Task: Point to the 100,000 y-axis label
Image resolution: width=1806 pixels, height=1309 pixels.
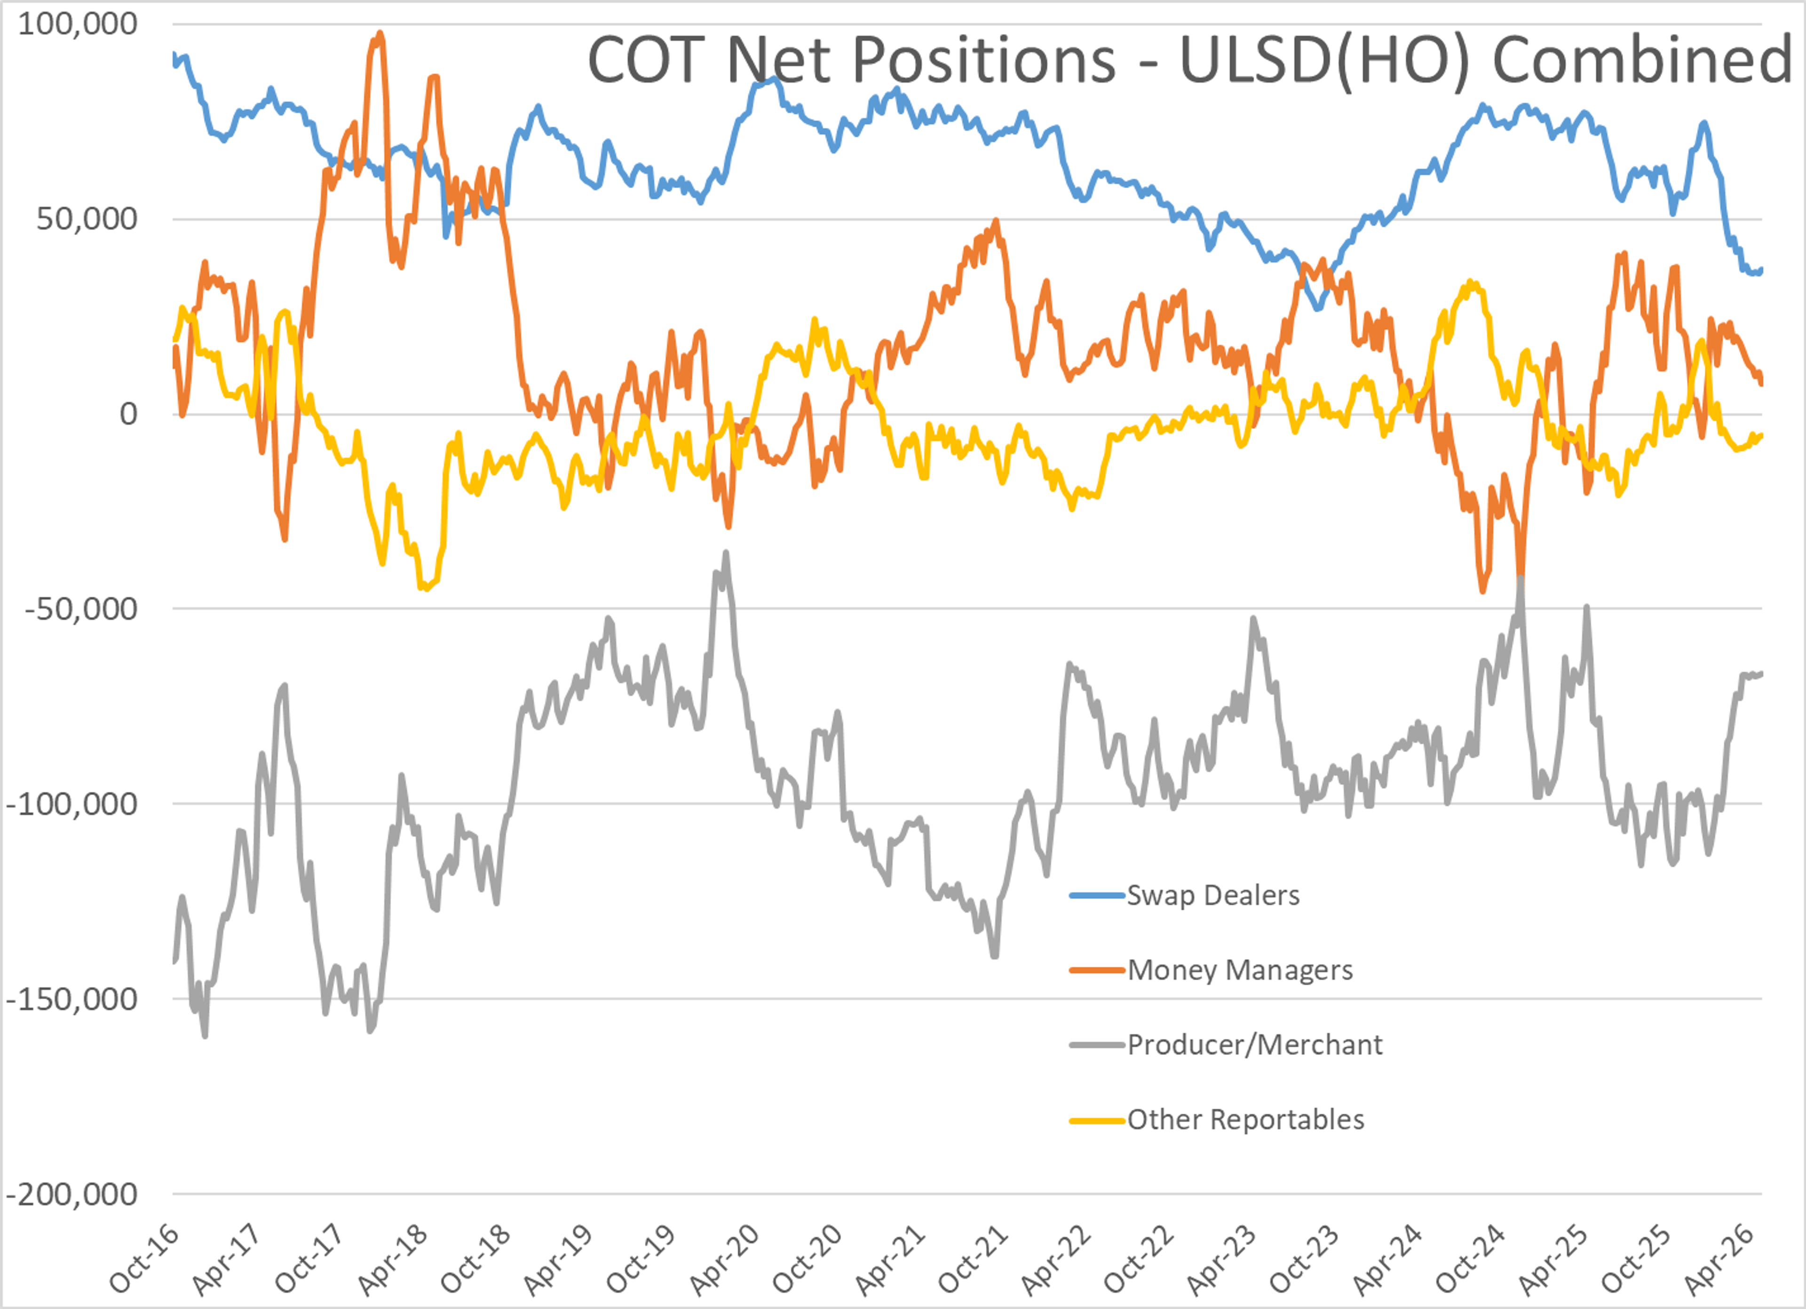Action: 77,24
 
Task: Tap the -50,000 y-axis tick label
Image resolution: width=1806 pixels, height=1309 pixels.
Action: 81,609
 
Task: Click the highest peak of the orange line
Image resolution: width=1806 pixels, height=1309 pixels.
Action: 380,33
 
